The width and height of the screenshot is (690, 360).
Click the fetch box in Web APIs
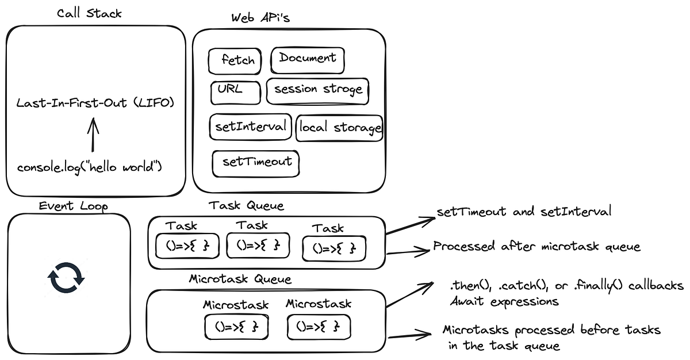(x=236, y=61)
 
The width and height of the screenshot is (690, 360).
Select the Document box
(x=308, y=58)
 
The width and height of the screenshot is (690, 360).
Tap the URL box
(x=230, y=91)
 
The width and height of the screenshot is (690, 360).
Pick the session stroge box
(x=317, y=90)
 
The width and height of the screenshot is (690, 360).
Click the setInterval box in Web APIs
(x=250, y=127)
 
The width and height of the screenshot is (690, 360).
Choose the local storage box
(x=339, y=128)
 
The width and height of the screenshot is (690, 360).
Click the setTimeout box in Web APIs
(x=256, y=162)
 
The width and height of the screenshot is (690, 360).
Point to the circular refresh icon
(x=66, y=278)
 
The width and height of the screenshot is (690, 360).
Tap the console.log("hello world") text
(x=90, y=168)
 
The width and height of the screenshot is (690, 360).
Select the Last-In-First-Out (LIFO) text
(x=95, y=104)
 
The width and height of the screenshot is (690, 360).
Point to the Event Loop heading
(x=73, y=206)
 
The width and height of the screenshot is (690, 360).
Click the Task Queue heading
(x=247, y=205)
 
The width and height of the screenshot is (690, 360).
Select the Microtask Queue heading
(x=240, y=279)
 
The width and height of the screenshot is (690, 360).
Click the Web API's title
(x=260, y=18)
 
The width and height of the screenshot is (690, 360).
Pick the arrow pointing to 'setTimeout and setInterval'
(x=410, y=225)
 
